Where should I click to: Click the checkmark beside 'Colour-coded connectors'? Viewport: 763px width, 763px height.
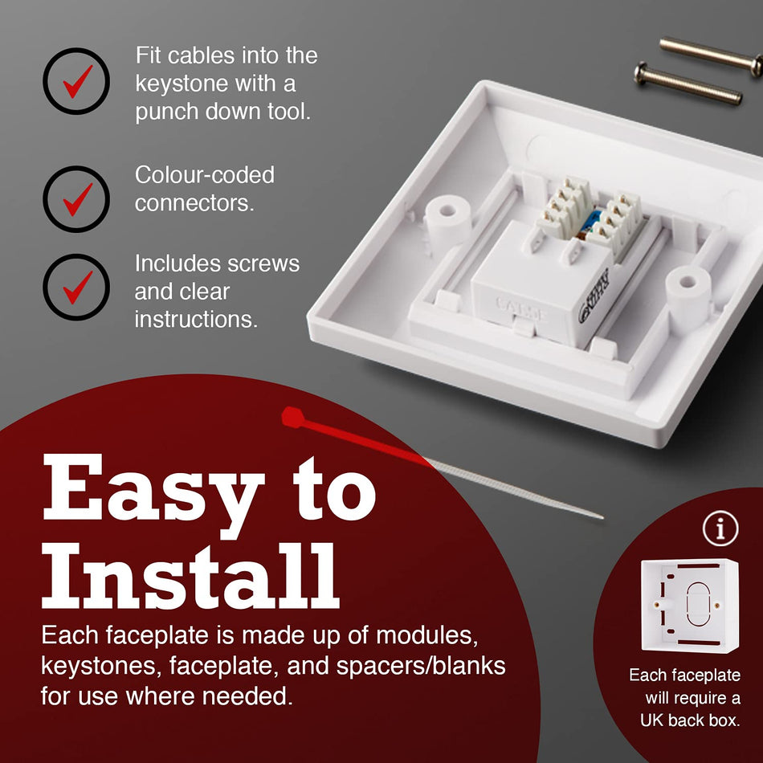tap(77, 199)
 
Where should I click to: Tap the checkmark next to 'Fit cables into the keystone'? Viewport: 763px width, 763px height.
tap(77, 81)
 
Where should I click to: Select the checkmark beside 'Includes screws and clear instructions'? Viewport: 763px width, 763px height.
tap(77, 287)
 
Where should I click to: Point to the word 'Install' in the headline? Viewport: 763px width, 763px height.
tap(190, 576)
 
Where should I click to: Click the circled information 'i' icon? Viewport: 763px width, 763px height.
tap(720, 528)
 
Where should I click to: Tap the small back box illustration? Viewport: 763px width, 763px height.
tap(690, 606)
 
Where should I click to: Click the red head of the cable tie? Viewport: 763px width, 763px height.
tap(293, 418)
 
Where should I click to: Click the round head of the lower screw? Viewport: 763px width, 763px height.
tap(642, 72)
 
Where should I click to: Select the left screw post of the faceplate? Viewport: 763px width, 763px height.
tap(447, 222)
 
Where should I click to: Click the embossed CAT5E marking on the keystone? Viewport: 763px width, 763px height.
tap(521, 309)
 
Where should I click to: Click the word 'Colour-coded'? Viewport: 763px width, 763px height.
tap(205, 175)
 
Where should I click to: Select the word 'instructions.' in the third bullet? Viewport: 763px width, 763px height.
tap(196, 320)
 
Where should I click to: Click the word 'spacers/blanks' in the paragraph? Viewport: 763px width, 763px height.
tap(421, 666)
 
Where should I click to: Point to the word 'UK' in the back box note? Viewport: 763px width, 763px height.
tap(651, 720)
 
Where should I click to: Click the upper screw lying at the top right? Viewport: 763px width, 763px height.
tap(711, 54)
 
